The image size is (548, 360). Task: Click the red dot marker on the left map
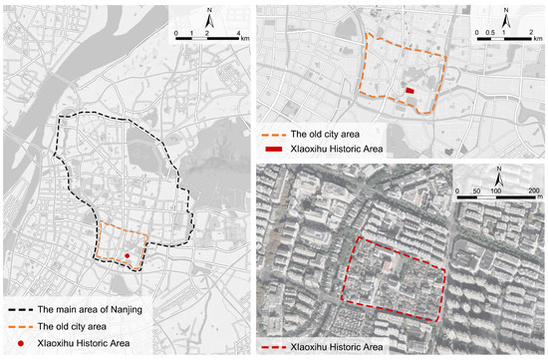pyautogui.click(x=128, y=256)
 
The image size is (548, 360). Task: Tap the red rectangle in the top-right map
pyautogui.click(x=410, y=91)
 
